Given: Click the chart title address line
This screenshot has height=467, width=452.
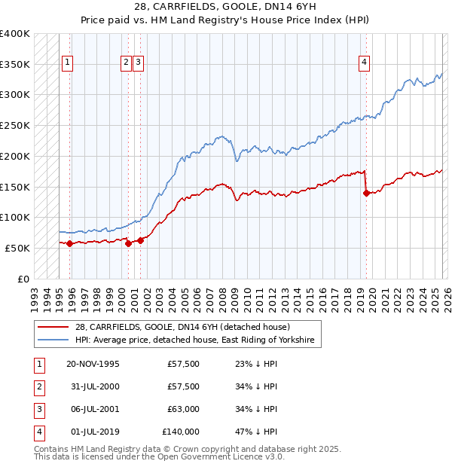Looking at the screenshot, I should tap(226, 7).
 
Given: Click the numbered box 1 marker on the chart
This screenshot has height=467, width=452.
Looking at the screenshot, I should tap(68, 63).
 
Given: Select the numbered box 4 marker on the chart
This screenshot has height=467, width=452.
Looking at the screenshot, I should tap(364, 63).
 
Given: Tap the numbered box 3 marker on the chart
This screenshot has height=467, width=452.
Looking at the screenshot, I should tap(139, 63).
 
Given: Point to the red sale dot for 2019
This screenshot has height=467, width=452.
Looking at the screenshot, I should tap(366, 193).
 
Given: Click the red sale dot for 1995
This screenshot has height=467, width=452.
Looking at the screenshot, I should tap(69, 243).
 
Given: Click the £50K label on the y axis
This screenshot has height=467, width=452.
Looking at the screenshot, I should tap(17, 248).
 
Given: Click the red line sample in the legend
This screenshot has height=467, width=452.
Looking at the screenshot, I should tap(53, 327).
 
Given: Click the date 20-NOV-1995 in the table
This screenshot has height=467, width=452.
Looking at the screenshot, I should tap(93, 364).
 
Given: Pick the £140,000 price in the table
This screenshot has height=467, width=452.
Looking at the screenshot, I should tap(181, 432).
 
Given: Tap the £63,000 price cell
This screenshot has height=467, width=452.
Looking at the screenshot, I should tap(183, 409).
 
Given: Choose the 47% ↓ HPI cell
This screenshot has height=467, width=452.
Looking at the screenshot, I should tap(256, 432).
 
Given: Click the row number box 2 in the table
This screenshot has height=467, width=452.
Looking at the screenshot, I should tap(40, 386).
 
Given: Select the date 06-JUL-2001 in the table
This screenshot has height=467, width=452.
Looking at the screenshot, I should tap(93, 409).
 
